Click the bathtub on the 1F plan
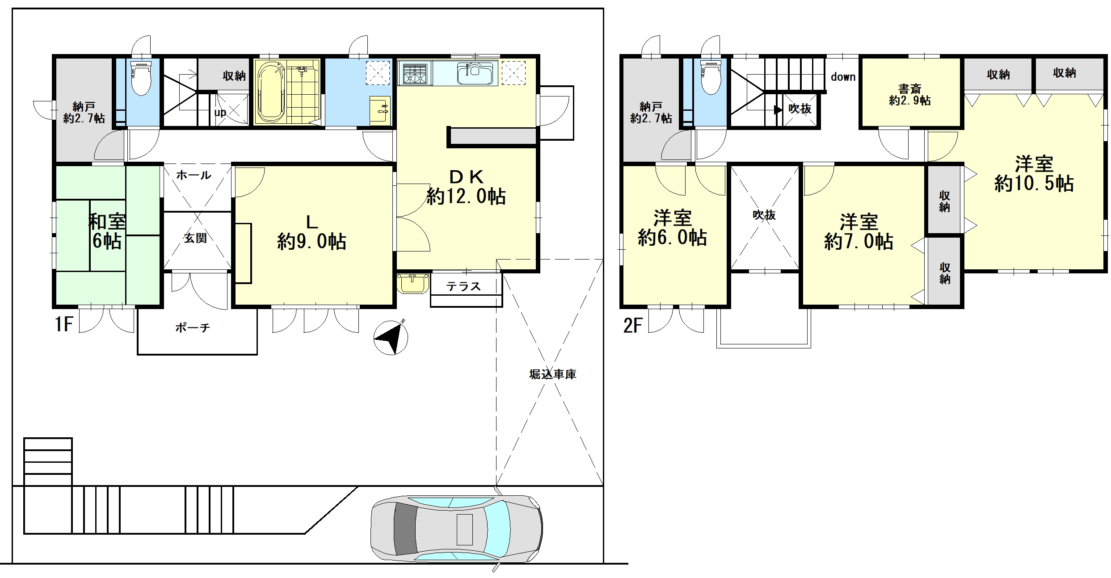click(271, 92)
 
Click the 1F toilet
click(141, 78)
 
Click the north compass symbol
click(391, 337)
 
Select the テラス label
click(463, 286)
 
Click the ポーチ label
click(193, 328)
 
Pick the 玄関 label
click(196, 238)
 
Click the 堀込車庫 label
click(553, 374)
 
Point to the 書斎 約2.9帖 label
click(910, 95)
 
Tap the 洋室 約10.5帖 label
click(1034, 174)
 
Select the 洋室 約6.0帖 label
click(673, 228)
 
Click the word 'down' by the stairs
click(843, 77)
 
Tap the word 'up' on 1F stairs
click(220, 112)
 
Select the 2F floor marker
click(633, 325)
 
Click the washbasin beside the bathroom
click(380, 110)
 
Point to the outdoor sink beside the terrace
click(412, 284)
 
